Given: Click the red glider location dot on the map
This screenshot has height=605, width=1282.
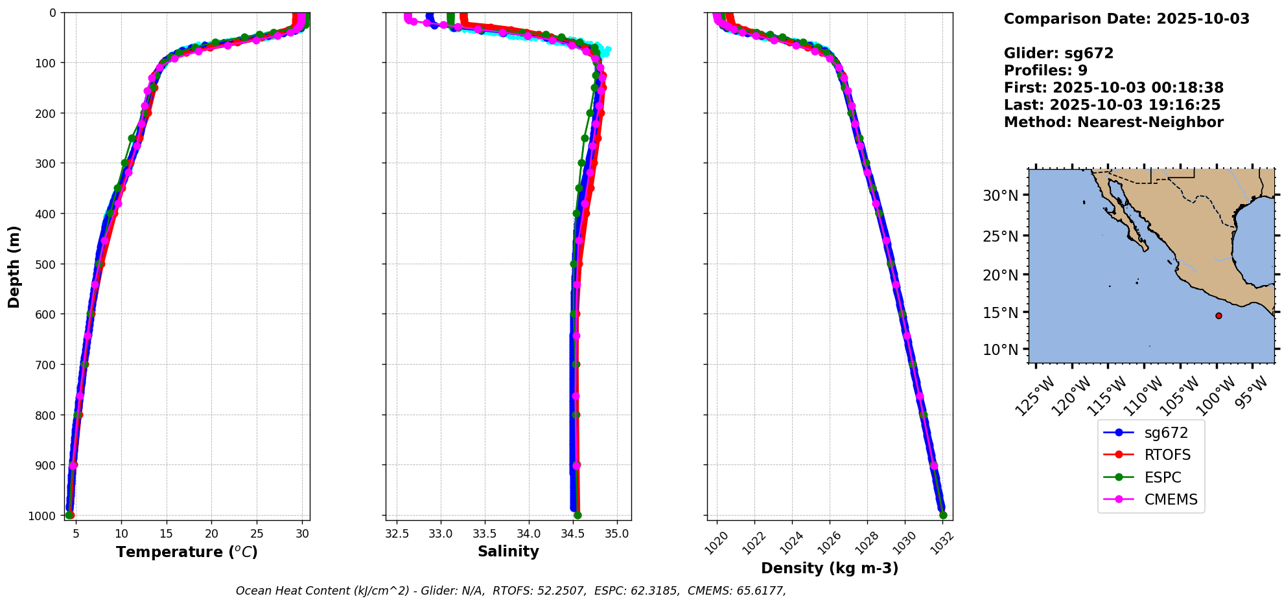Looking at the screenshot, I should coord(1218,316).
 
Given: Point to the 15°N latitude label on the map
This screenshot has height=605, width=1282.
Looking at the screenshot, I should coord(1001,312).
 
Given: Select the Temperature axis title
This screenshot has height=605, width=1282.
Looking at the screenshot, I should coord(187,552).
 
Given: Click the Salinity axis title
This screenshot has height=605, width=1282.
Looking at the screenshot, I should coord(508,551).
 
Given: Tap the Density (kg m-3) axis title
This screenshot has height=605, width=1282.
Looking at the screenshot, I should coord(830,568).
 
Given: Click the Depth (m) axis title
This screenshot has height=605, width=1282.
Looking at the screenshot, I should coord(14,267).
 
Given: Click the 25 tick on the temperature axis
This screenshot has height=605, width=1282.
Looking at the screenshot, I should coord(257,534).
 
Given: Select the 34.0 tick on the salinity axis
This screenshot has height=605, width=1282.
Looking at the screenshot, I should coord(529,534).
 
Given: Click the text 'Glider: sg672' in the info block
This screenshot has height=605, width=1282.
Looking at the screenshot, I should coord(1058,53).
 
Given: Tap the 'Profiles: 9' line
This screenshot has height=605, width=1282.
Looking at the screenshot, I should coord(1045,71).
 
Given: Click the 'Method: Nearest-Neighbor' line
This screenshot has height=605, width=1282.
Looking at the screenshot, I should coord(1113,122).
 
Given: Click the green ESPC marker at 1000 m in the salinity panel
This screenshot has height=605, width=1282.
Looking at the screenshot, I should coord(577,516).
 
